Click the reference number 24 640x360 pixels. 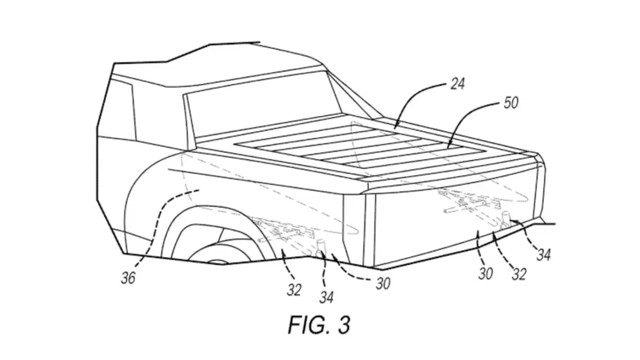(457, 84)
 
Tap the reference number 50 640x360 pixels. (511, 103)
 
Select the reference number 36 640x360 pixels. (128, 278)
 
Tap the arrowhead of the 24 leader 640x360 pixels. (394, 128)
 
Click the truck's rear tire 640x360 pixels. (223, 248)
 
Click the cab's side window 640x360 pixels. (119, 109)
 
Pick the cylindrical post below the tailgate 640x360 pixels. (507, 218)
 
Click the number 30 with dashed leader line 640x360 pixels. (382, 283)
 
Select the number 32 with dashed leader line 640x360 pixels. (519, 273)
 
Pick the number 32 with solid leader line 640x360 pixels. (294, 290)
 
